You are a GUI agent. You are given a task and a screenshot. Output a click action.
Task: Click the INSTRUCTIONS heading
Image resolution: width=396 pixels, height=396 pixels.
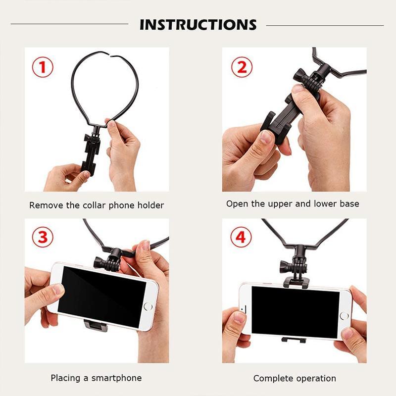click(x=198, y=25)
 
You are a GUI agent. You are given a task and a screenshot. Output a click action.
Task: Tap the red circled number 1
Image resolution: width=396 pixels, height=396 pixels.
click(x=43, y=67)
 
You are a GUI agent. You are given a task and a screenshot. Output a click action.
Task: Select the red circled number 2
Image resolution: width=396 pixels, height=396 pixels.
click(x=242, y=67)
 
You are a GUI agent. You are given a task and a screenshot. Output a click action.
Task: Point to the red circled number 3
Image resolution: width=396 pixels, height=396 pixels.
click(x=43, y=238)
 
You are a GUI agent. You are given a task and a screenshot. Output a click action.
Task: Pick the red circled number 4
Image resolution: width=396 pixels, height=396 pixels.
click(x=241, y=238)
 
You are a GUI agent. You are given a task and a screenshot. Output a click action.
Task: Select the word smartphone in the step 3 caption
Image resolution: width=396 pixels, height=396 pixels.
click(x=116, y=378)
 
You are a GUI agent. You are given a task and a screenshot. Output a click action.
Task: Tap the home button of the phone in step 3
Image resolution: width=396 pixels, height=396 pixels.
click(x=148, y=306)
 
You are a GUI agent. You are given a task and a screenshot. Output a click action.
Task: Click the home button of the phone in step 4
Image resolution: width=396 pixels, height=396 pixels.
click(x=344, y=316)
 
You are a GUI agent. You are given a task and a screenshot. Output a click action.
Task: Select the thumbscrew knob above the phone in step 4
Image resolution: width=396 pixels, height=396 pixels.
click(x=286, y=266)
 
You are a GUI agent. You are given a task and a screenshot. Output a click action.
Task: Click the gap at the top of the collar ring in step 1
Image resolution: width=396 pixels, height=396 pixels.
click(x=110, y=54)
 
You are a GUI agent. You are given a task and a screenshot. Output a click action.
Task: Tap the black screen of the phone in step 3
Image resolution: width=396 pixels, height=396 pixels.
click(x=102, y=297)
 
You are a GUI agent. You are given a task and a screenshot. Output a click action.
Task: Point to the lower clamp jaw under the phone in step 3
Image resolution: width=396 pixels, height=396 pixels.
click(x=96, y=326)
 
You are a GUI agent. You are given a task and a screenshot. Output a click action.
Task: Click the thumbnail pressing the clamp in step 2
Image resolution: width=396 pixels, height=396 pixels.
click(x=266, y=137)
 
